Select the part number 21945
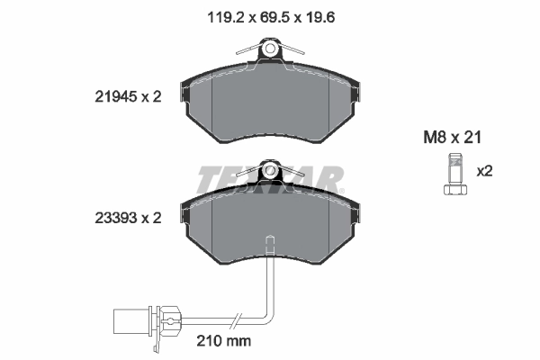click(x=114, y=98)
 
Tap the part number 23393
click(x=114, y=217)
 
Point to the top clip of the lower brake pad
click(x=270, y=169)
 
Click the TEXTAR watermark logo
click(x=270, y=179)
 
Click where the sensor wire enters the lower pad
click(x=269, y=240)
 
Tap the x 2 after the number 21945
click(x=150, y=98)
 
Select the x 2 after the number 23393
click(x=150, y=217)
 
